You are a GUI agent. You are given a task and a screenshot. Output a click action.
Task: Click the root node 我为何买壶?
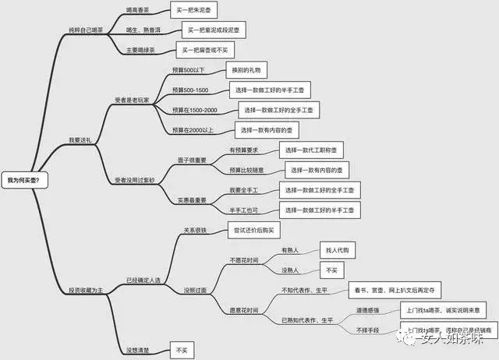click(x=24, y=180)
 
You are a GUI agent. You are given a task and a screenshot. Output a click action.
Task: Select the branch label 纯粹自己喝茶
click(x=87, y=30)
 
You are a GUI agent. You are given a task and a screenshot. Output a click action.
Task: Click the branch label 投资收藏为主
click(x=87, y=290)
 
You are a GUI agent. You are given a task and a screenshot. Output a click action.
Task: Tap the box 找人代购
click(x=337, y=250)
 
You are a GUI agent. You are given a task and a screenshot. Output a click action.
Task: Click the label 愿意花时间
click(x=243, y=310)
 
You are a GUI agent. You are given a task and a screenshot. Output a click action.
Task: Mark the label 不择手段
click(x=370, y=330)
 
